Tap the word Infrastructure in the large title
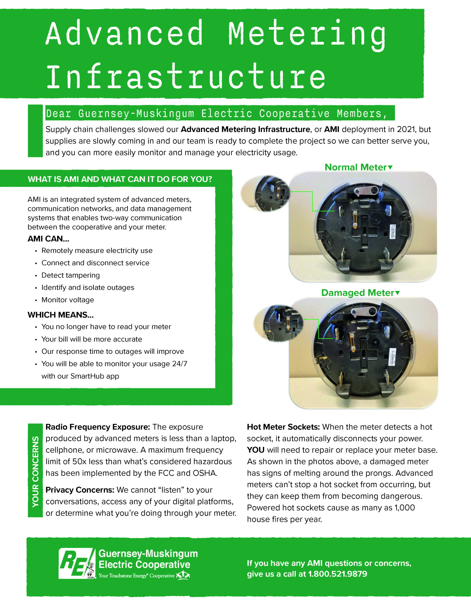pos(186,76)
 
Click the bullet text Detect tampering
pos(71,275)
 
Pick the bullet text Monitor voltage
pos(68,300)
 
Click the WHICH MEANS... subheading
pos(60,315)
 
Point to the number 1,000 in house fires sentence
pos(404,507)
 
